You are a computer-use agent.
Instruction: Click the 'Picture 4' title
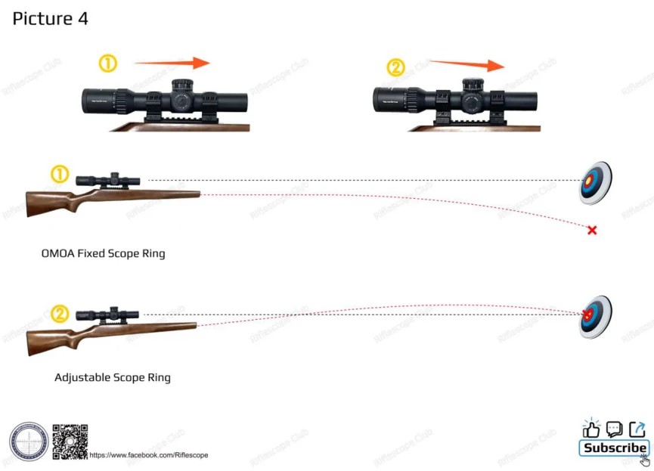pyautogui.click(x=50, y=19)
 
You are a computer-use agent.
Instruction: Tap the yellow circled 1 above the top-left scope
pyautogui.click(x=108, y=64)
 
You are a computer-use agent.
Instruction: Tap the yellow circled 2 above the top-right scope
pyautogui.click(x=396, y=68)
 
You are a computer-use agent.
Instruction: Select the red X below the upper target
pyautogui.click(x=592, y=230)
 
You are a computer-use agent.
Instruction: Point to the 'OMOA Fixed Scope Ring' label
pyautogui.click(x=103, y=254)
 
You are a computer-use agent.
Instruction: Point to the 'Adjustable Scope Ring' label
pyautogui.click(x=113, y=377)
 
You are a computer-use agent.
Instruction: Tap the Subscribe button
pyautogui.click(x=614, y=448)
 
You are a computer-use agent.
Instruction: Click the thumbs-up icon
pyautogui.click(x=590, y=429)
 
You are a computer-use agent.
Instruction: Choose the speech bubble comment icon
pyautogui.click(x=614, y=429)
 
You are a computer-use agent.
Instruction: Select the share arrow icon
pyautogui.click(x=637, y=429)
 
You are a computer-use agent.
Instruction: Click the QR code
pyautogui.click(x=70, y=442)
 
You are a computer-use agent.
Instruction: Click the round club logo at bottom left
pyautogui.click(x=29, y=442)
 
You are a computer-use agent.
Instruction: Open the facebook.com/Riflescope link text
pyautogui.click(x=149, y=455)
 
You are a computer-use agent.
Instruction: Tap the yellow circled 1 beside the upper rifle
pyautogui.click(x=60, y=175)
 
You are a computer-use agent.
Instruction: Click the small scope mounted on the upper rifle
pyautogui.click(x=107, y=180)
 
